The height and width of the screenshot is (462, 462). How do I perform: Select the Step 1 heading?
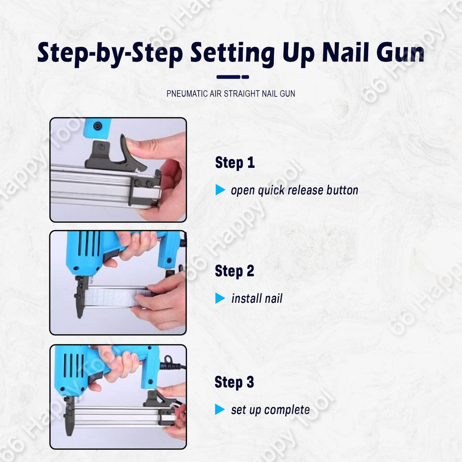235,162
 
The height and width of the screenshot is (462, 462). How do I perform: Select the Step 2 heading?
235,271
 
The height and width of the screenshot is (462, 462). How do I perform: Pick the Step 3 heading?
234,382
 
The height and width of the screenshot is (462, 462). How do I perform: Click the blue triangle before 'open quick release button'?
220,190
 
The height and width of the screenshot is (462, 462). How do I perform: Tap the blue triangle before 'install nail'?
220,298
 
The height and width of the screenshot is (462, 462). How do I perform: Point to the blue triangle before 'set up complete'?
220,409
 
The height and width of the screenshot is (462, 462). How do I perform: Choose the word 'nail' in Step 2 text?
273,299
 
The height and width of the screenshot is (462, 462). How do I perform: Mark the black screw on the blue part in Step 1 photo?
97,126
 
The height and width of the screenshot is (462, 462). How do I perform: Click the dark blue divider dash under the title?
233,77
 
